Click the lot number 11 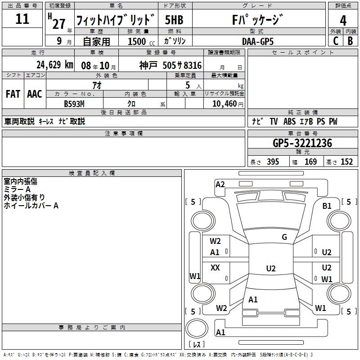22,19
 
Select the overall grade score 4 343,21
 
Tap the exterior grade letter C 336,41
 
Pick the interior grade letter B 350,41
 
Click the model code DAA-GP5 258,41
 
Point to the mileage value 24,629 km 55,65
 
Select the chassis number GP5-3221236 302,143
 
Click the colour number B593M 74,104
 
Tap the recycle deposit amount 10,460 225,104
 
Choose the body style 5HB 174,20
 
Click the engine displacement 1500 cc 141,41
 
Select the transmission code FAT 13,94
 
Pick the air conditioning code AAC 35,94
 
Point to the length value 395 273,162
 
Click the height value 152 346,162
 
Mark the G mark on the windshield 284,237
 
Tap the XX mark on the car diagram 215,267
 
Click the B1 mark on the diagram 327,206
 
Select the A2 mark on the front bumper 220,184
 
